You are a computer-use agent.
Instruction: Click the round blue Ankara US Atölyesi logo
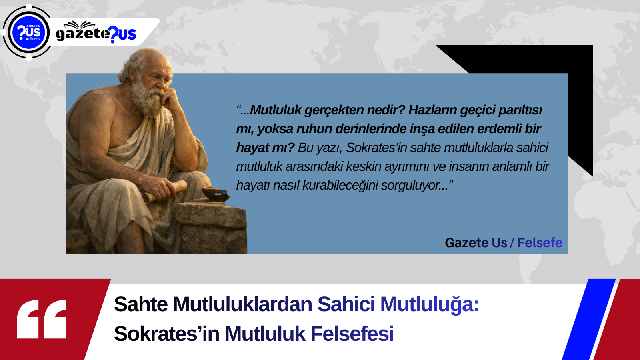[x=28, y=32]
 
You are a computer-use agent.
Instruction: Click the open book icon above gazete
[x=80, y=25]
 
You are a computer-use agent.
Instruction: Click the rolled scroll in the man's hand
[x=166, y=190]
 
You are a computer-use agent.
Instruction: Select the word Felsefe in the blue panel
[x=540, y=243]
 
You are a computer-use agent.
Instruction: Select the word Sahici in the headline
[x=346, y=304]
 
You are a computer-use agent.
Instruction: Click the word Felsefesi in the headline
[x=352, y=334]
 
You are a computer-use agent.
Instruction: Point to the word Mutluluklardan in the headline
[x=242, y=304]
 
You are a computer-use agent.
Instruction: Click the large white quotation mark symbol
[x=42, y=319]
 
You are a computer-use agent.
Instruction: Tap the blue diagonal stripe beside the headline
[x=588, y=319]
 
